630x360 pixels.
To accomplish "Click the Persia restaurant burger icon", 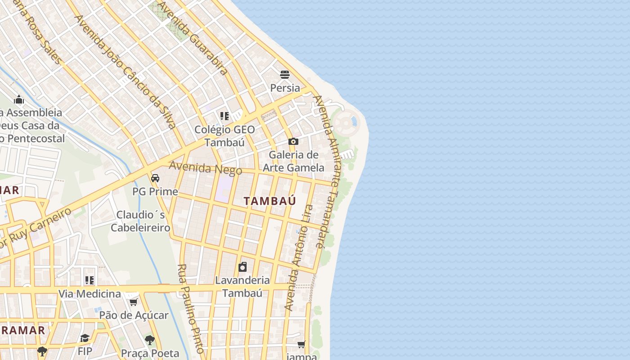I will [x=285, y=74].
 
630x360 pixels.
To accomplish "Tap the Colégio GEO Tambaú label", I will [x=225, y=136].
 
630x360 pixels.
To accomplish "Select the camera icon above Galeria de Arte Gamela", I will [x=293, y=141].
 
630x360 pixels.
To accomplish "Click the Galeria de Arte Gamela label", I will [x=293, y=161].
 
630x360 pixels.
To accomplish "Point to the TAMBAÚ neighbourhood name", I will [x=270, y=201].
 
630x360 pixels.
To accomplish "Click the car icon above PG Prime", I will [x=155, y=178].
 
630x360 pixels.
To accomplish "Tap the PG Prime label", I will [x=155, y=192].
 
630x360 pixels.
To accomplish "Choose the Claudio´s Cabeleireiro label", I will [x=140, y=221].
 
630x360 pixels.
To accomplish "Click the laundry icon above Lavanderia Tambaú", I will [x=243, y=267].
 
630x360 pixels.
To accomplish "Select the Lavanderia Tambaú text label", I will [x=243, y=287].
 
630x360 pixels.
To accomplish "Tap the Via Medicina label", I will [x=90, y=294].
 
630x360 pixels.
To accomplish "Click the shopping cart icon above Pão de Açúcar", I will [x=133, y=302].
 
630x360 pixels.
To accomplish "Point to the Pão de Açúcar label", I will [x=134, y=315].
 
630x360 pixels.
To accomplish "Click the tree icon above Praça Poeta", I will [x=150, y=340].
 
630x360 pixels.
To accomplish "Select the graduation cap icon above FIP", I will [x=85, y=338].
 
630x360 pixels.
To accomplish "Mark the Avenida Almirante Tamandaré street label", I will [x=327, y=171].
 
